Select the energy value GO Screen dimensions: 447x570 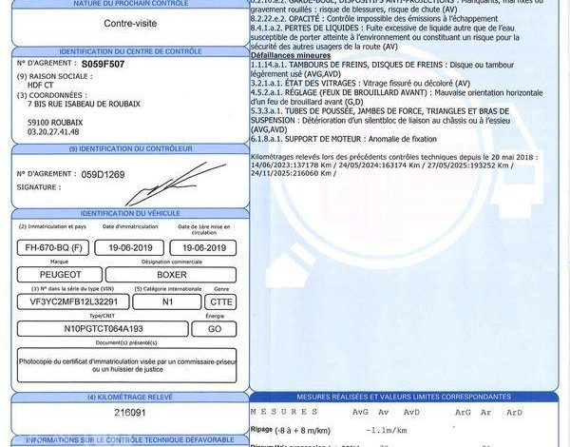coord(214,328)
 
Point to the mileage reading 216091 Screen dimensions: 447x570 coord(130,415)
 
